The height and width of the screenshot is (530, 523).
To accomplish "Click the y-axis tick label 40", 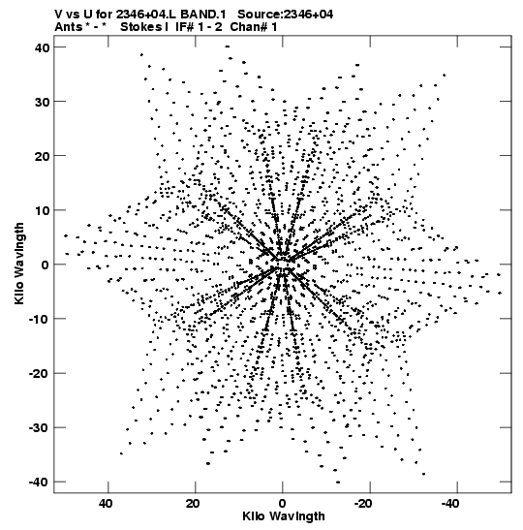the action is click(42, 47).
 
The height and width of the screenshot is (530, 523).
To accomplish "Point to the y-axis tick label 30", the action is click(42, 102).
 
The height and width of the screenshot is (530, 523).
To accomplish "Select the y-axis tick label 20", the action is click(42, 156).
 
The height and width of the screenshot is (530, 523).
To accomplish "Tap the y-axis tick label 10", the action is click(42, 210).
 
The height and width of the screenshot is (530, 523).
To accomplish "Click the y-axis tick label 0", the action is click(46, 265).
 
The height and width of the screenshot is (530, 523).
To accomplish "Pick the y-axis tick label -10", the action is click(39, 319).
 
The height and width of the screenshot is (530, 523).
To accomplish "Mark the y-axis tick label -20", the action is click(39, 373).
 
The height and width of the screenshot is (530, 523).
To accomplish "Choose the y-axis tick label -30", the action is click(39, 428).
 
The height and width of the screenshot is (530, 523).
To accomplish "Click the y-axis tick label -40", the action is click(39, 482).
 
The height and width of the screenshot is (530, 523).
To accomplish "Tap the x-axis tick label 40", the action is click(106, 504).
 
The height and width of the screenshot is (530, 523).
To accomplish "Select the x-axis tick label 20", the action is click(193, 504).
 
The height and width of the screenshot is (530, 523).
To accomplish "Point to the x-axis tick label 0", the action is click(283, 504).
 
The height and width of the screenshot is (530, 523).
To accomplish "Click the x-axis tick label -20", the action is click(363, 504).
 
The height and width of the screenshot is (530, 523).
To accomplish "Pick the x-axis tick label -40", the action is click(450, 504).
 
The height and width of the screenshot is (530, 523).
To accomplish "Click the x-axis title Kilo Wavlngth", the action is click(284, 516).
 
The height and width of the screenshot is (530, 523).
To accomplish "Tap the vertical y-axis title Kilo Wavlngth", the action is click(19, 264).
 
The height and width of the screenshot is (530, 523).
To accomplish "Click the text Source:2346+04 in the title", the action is click(285, 15).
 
